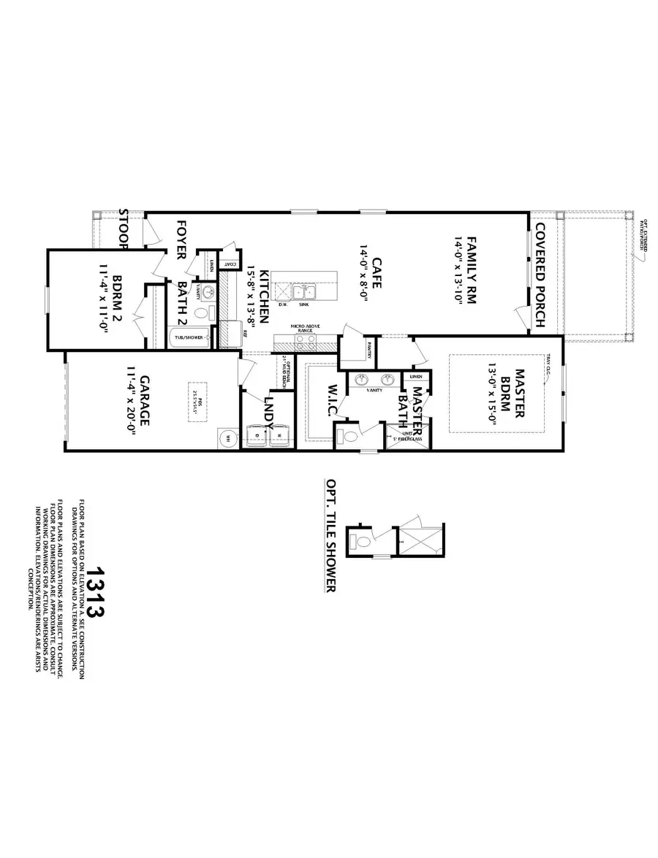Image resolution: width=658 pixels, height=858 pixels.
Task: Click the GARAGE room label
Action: (145, 401)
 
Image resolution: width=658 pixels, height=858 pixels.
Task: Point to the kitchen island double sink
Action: (306, 293)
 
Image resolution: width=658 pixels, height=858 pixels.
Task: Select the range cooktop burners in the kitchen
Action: (306, 340)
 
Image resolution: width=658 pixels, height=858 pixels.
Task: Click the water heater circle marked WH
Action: (227, 439)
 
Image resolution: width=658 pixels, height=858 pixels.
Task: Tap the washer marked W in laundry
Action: (279, 436)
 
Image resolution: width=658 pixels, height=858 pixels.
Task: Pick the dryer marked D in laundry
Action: (257, 436)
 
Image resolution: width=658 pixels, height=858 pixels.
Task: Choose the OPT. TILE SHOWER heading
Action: (330, 535)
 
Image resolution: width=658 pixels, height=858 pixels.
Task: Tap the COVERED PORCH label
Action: (542, 274)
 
